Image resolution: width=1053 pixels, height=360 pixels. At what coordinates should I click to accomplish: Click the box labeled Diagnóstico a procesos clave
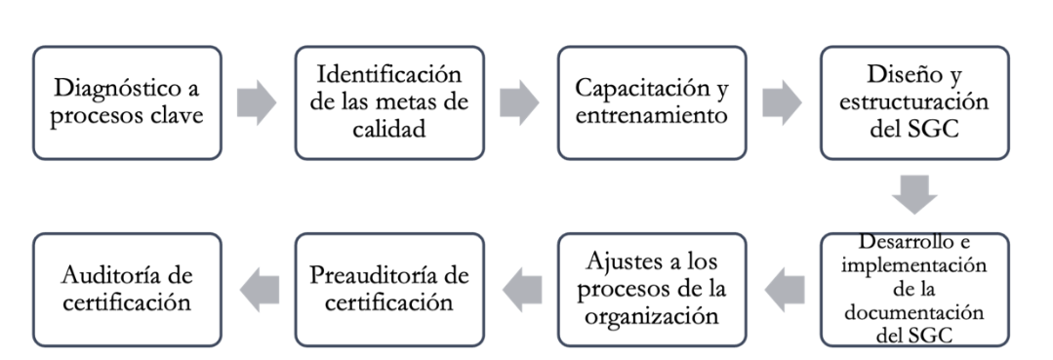(x=126, y=102)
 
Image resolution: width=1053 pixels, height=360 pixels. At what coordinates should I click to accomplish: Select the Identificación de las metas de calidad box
(x=388, y=102)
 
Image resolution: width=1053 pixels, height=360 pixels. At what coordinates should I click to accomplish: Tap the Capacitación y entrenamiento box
(x=652, y=102)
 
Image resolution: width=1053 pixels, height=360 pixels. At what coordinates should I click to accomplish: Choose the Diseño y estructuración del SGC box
(x=914, y=102)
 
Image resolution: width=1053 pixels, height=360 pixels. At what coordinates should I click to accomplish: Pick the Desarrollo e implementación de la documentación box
(x=914, y=289)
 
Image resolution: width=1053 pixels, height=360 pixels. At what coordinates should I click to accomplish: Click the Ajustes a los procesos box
(x=652, y=289)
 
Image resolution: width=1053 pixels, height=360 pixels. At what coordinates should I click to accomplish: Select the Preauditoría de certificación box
(x=388, y=289)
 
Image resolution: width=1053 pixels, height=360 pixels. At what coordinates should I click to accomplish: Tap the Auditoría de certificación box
(x=126, y=289)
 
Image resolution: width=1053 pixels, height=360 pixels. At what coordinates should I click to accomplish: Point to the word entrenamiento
(x=652, y=116)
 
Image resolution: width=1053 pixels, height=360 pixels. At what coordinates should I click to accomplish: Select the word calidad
(x=388, y=128)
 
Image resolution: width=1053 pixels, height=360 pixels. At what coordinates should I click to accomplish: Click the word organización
(x=652, y=316)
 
